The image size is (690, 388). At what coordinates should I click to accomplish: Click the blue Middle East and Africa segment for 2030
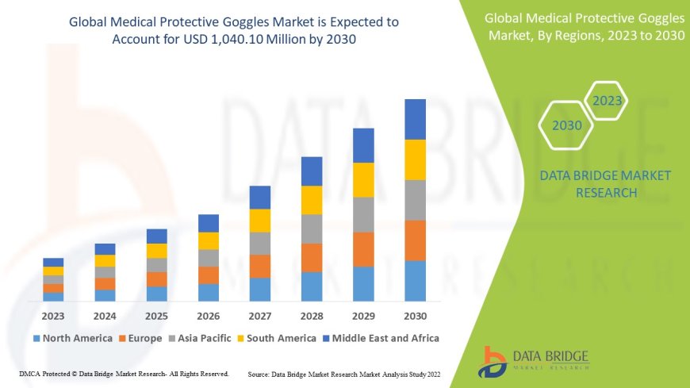point(415,119)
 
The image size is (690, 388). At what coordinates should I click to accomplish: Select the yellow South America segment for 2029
point(363,179)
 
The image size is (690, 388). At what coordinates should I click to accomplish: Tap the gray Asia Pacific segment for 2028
point(312,229)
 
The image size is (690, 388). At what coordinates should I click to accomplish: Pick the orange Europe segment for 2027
point(260,266)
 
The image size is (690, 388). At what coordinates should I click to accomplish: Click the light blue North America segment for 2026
point(208,292)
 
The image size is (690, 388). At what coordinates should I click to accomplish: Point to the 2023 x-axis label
point(53,314)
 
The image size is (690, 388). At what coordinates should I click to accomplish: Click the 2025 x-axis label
point(156,314)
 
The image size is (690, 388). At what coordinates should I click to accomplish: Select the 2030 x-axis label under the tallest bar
point(415,314)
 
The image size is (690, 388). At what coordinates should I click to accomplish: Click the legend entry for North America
point(72,338)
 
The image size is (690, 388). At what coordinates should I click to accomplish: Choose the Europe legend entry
point(140,338)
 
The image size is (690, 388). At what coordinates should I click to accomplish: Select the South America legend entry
point(278,338)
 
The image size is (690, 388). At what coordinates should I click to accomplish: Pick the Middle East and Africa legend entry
point(380,338)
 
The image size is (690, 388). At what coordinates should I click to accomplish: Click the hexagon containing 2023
point(607,101)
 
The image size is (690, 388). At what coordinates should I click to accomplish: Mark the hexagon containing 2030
point(566,125)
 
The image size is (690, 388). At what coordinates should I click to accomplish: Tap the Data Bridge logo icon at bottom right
point(494,361)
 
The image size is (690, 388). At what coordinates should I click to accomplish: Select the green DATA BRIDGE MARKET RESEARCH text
point(604,183)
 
